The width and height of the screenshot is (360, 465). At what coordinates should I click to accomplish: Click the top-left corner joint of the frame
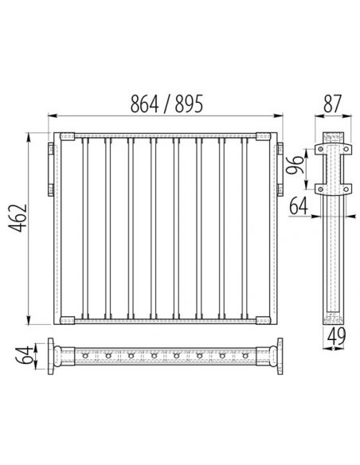click(x=65, y=137)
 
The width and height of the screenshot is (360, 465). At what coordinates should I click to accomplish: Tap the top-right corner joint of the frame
click(x=264, y=137)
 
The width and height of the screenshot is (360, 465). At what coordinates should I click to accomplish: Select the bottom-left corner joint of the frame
click(x=65, y=320)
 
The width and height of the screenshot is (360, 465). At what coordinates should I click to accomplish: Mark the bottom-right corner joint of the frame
click(x=264, y=320)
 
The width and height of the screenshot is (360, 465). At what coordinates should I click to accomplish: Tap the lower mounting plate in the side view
click(x=332, y=189)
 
